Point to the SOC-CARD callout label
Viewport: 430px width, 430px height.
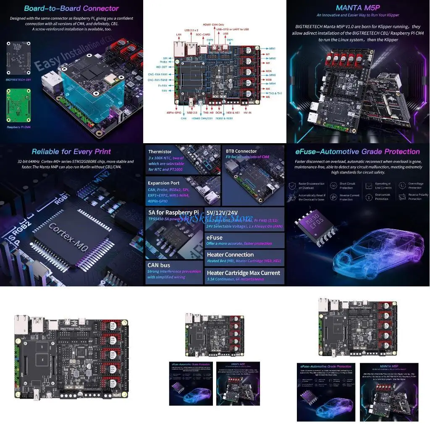(x=203, y=34)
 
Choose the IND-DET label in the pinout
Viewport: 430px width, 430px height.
(x=162, y=67)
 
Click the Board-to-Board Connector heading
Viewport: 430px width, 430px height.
(x=71, y=8)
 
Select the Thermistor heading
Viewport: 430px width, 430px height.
(x=160, y=152)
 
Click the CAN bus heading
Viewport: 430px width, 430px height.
(x=159, y=265)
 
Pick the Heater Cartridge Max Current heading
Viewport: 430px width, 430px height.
(x=243, y=273)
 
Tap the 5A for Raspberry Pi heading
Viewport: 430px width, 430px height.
(x=173, y=212)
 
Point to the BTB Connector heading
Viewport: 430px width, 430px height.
(x=241, y=151)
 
